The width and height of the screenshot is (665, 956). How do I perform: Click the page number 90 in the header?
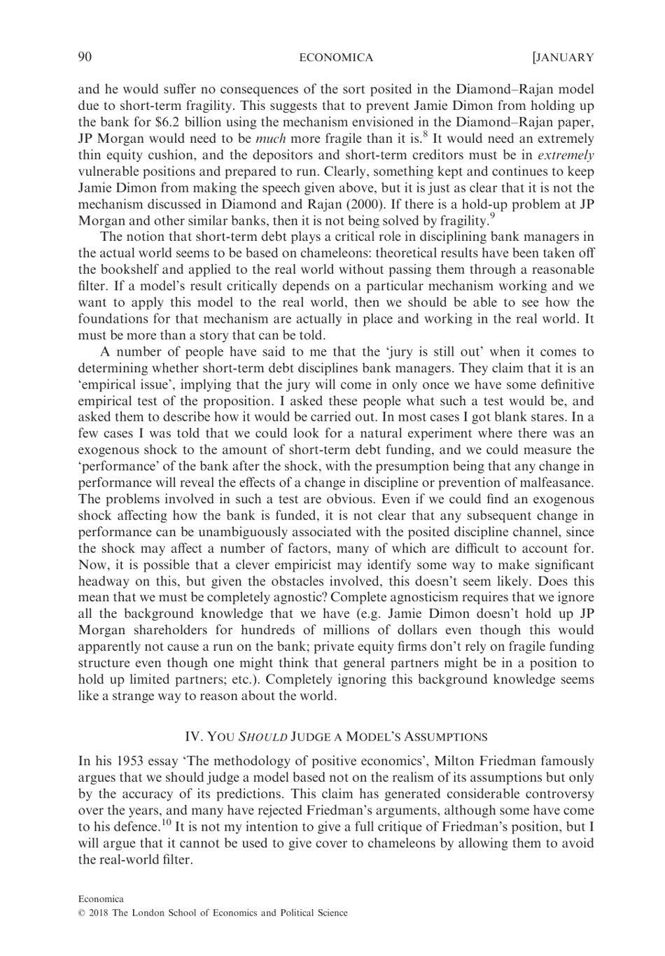point(85,57)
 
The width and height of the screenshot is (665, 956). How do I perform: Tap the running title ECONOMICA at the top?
point(336,58)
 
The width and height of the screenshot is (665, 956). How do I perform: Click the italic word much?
point(272,139)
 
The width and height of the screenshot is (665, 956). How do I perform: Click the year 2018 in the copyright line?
point(99,913)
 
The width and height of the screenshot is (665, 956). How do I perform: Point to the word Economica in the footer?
point(101,899)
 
